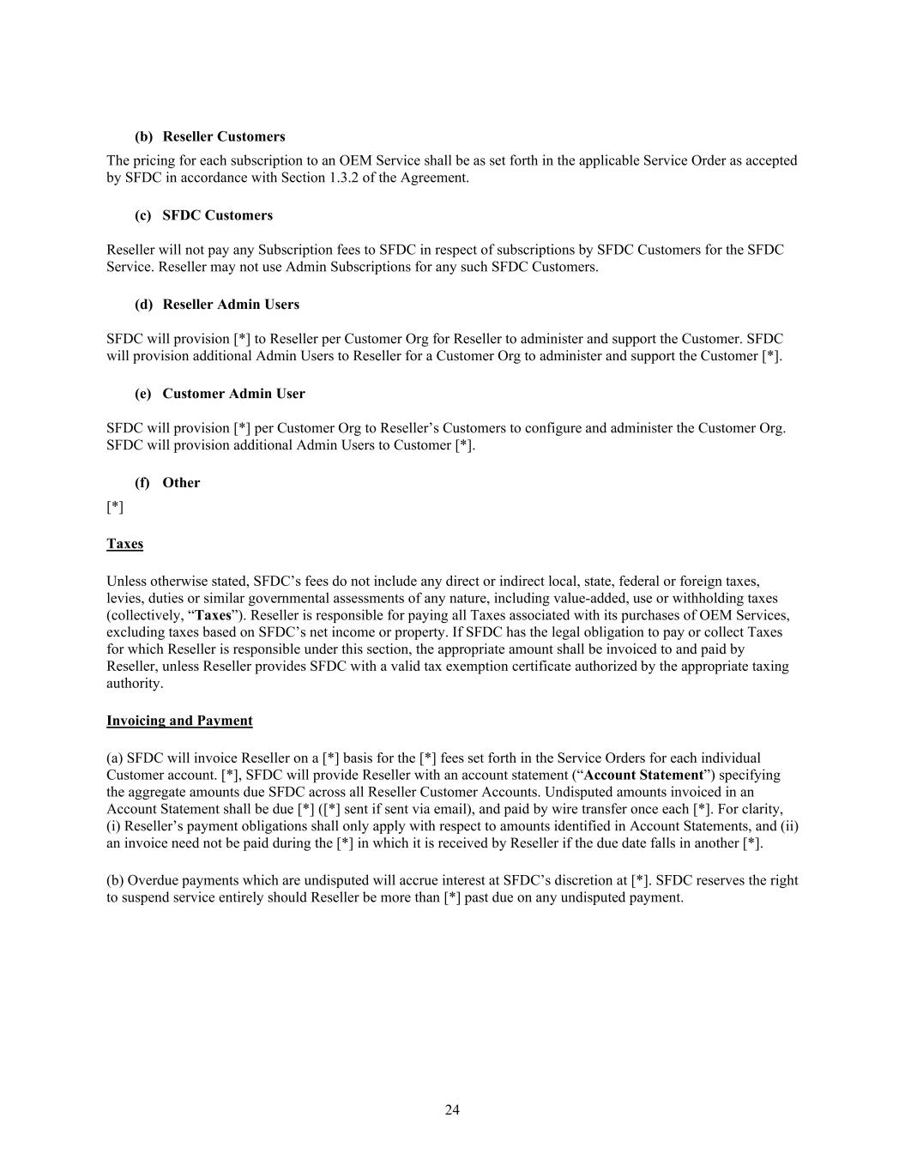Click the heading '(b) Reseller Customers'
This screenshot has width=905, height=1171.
[209, 136]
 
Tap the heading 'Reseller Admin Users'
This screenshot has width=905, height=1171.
[231, 305]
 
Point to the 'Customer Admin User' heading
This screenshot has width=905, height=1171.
[233, 394]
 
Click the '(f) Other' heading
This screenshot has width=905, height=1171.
[167, 483]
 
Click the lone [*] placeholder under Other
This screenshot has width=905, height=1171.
[115, 507]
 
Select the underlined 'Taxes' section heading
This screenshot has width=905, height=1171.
[124, 544]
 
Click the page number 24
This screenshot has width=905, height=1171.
[452, 1110]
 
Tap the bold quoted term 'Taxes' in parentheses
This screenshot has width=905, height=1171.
[214, 615]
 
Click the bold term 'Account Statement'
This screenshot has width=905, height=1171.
[643, 775]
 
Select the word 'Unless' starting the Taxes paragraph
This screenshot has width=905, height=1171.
[125, 581]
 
